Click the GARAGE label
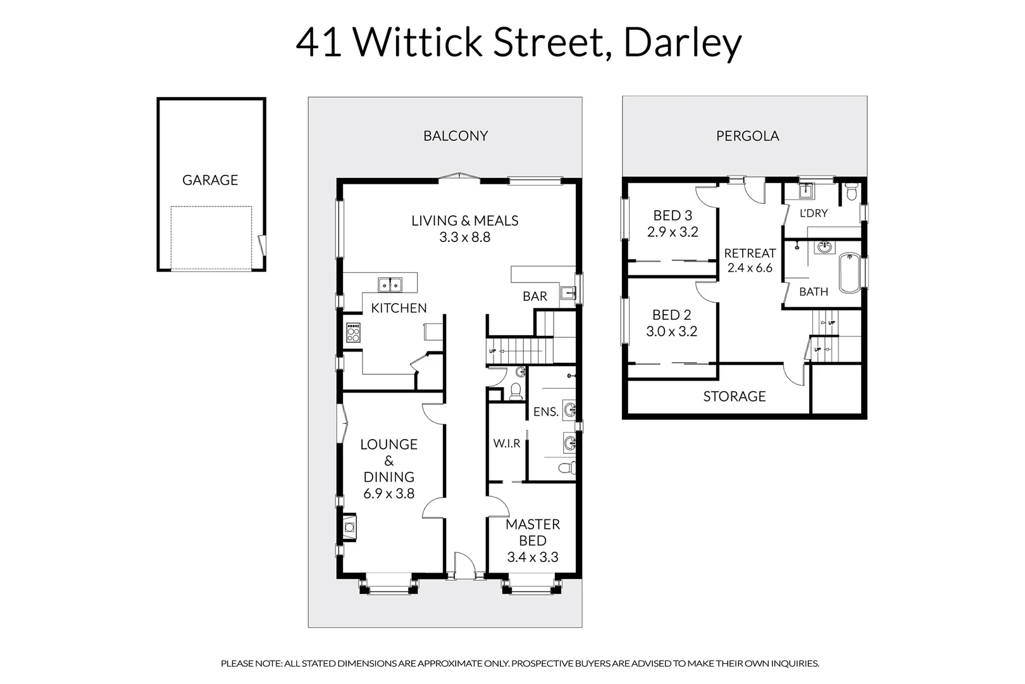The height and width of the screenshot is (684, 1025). pos(210,180)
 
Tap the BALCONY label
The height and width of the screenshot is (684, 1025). pos(456,136)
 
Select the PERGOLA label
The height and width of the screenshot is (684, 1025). pos(747,136)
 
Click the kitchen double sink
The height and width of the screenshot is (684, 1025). pos(390,285)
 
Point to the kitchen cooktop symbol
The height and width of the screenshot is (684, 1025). pos(353,332)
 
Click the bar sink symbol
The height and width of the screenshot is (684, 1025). pos(568,293)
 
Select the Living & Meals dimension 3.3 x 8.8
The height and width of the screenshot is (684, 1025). pos(465,237)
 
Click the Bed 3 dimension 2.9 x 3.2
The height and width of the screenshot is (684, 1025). pos(673,232)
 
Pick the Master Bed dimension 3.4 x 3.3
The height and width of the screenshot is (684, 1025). pos(533,557)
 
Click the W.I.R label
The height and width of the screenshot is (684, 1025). pos(507,444)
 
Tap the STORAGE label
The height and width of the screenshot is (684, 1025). pos(735,396)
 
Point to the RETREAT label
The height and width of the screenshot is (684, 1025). pos(750,253)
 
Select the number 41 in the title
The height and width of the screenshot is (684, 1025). pos(320,43)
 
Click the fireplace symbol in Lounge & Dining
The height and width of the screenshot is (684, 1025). pos(349,526)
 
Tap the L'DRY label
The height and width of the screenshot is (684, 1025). pos(813,213)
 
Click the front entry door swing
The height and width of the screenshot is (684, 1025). pos(464,564)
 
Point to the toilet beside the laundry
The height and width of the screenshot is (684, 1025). pos(851,191)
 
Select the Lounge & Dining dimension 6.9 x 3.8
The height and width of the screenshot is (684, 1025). pos(389,494)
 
